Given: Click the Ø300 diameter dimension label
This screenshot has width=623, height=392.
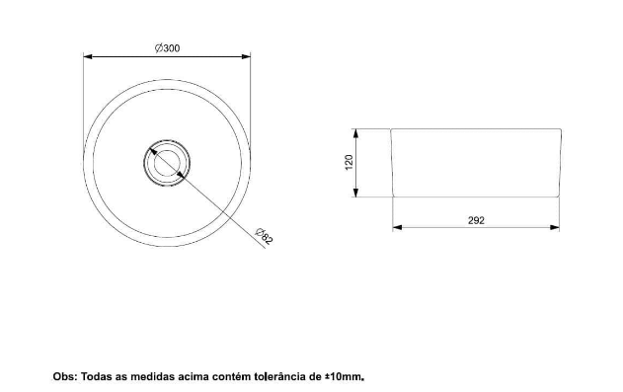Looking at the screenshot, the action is pyautogui.click(x=167, y=48).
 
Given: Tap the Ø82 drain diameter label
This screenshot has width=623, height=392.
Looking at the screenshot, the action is pyautogui.click(x=265, y=236).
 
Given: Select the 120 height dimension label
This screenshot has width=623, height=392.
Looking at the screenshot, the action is pyautogui.click(x=349, y=163).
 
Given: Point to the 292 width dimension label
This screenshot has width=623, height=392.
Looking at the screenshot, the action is pyautogui.click(x=476, y=220).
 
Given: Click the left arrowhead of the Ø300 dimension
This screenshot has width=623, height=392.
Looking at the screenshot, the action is pyautogui.click(x=88, y=56).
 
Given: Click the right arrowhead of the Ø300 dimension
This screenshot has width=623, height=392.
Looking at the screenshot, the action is pyautogui.click(x=247, y=56).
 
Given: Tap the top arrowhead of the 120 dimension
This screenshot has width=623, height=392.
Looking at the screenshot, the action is pyautogui.click(x=356, y=133).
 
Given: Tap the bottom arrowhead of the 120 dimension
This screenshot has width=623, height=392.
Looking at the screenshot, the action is pyautogui.click(x=356, y=193).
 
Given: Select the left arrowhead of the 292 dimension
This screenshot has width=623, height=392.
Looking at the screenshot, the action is pyautogui.click(x=397, y=227).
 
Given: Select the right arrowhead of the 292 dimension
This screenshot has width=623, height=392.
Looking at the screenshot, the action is pyautogui.click(x=555, y=227).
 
